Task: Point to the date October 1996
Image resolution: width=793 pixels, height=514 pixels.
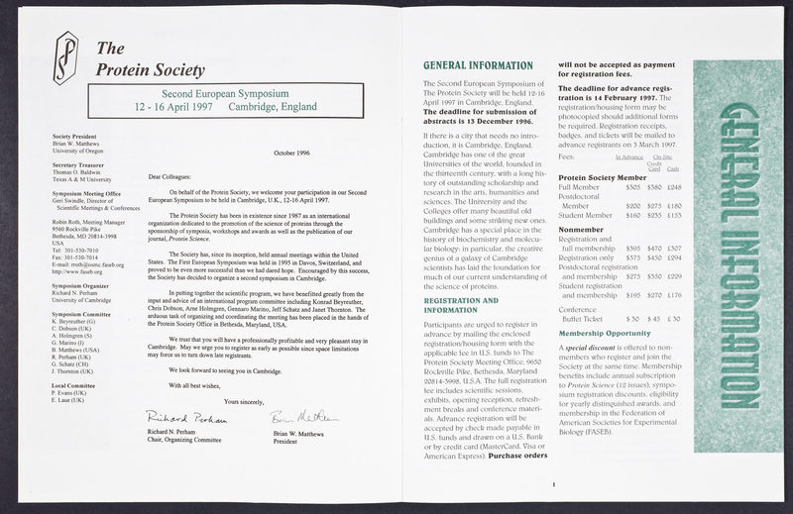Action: (292, 153)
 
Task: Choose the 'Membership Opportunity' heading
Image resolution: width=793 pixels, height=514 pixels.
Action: (607, 333)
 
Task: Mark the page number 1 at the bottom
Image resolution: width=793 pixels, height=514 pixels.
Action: (552, 484)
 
